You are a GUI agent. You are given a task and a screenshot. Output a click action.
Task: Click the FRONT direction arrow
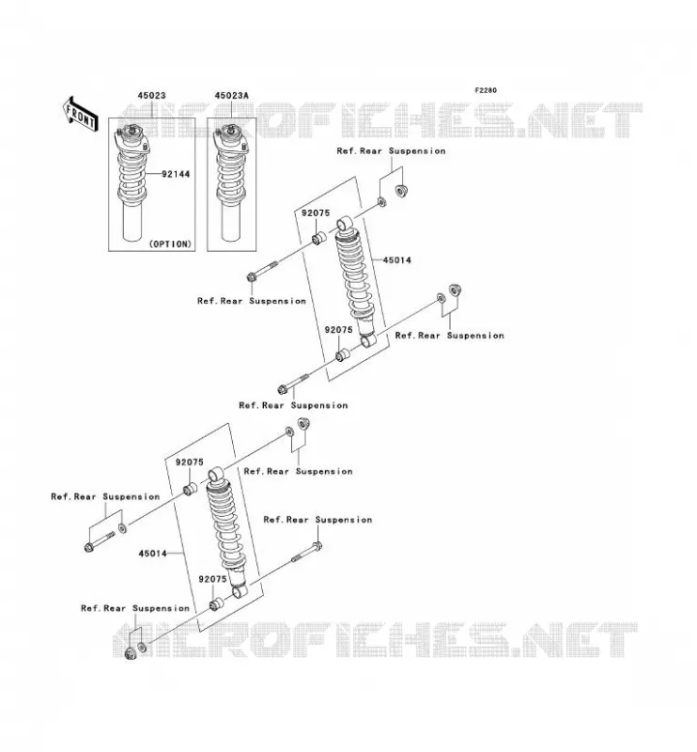(x=80, y=114)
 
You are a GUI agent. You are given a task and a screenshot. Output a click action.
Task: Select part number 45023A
(x=231, y=96)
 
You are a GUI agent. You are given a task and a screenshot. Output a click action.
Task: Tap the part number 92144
(x=176, y=174)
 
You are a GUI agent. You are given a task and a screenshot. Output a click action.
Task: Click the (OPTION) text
(x=170, y=244)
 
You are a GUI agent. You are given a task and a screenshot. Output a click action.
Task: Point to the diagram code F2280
(x=486, y=90)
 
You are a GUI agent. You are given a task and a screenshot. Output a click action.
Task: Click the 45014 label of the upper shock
(x=397, y=260)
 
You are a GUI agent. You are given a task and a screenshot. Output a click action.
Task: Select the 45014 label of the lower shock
(x=153, y=554)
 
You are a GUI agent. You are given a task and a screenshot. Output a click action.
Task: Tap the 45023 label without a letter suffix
(x=151, y=96)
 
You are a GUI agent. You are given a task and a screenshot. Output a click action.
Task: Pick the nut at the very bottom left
(x=129, y=652)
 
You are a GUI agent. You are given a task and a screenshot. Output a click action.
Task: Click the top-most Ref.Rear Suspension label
(x=391, y=150)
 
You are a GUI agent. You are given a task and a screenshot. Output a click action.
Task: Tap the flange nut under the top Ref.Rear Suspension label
(x=401, y=191)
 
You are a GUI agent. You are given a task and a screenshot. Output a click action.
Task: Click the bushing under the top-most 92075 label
(x=319, y=238)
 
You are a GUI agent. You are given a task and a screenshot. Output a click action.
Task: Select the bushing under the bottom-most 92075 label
(x=217, y=603)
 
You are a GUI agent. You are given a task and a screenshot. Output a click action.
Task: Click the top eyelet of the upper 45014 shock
(x=345, y=223)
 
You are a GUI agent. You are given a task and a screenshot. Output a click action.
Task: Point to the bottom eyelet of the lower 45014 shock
(x=240, y=590)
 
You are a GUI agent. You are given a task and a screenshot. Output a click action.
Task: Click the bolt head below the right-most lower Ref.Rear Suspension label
(x=317, y=546)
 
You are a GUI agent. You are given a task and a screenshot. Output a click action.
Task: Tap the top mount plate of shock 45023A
(x=231, y=143)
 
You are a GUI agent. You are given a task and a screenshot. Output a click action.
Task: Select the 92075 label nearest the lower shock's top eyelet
(x=190, y=462)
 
